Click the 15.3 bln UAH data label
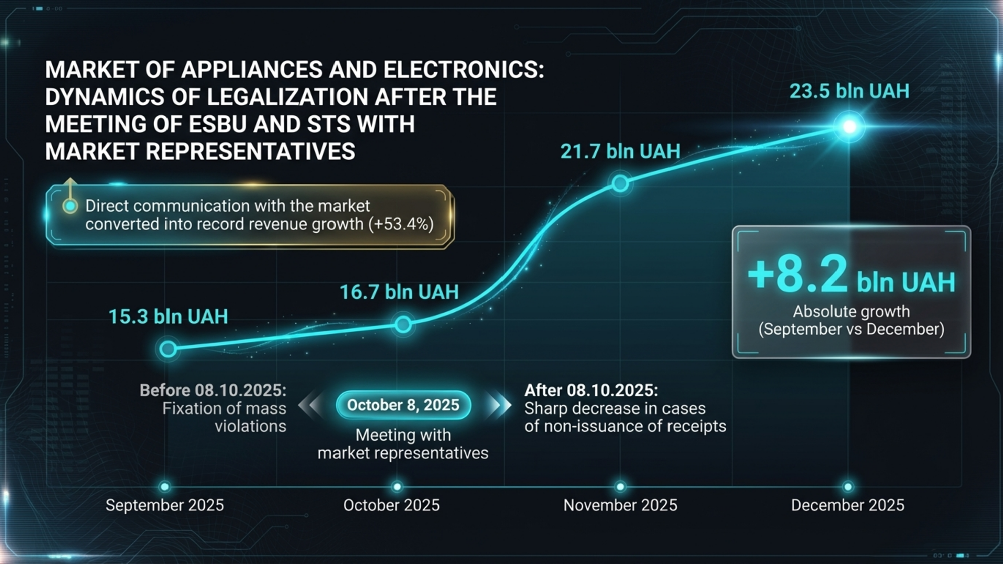tap(168, 317)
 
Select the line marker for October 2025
tap(403, 325)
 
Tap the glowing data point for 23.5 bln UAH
tap(849, 127)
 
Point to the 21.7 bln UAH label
tap(620, 151)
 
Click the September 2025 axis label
tap(164, 505)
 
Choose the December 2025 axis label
tap(848, 505)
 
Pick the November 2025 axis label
tap(620, 505)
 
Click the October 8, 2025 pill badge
tap(403, 405)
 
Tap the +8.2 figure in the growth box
tap(797, 275)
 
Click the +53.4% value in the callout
tap(401, 224)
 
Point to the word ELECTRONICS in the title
tap(463, 70)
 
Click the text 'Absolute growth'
tap(851, 311)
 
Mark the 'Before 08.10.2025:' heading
tap(213, 390)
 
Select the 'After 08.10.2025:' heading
tap(591, 390)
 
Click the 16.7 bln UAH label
tap(399, 292)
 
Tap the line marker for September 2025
tap(168, 348)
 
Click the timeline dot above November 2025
tap(620, 487)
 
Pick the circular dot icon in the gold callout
tap(71, 206)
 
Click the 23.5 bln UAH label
tap(849, 91)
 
